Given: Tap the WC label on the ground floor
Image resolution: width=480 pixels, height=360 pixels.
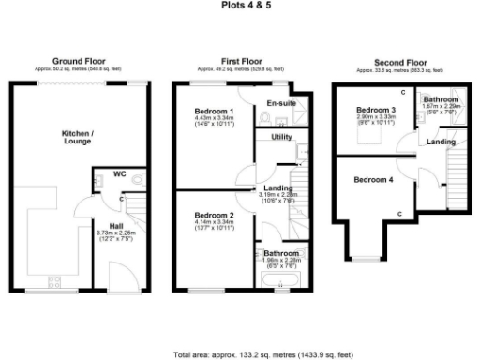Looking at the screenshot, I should point(119,173).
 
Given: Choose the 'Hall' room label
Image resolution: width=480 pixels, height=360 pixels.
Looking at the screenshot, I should point(116,226).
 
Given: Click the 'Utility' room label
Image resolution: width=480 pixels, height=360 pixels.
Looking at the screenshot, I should point(282,137).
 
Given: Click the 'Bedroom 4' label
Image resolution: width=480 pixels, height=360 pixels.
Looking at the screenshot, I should point(373,179).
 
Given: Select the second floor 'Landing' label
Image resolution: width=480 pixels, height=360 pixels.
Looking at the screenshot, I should point(442,142).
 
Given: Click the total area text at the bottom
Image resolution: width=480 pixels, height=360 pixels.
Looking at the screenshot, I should point(263,355).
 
